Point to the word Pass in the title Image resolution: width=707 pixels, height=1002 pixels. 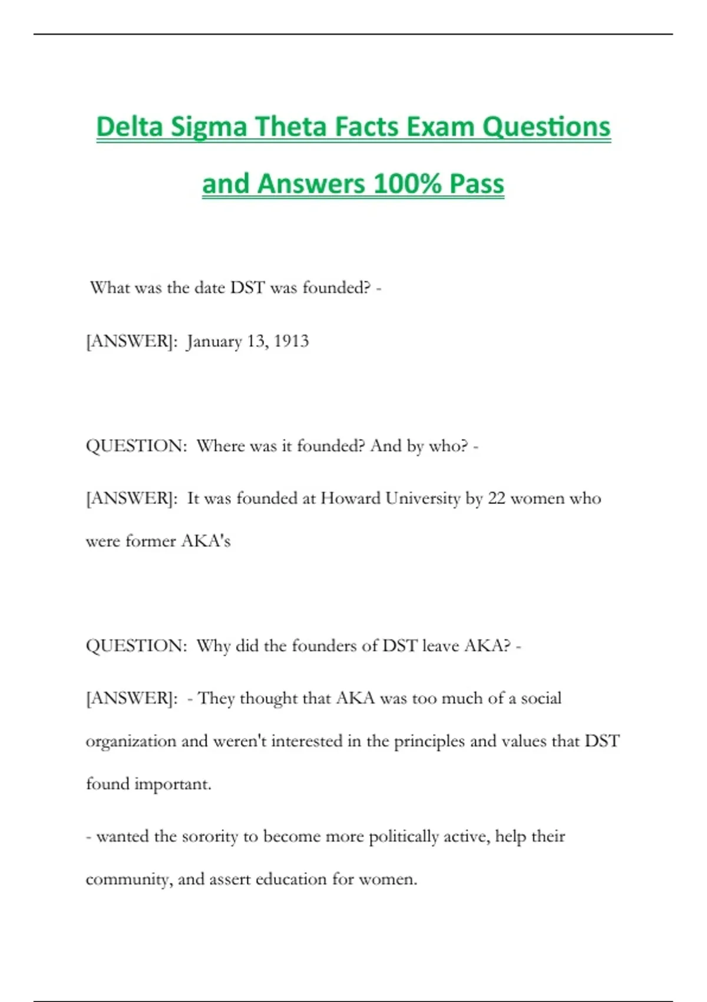coord(477,183)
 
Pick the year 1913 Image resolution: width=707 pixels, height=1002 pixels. coord(291,341)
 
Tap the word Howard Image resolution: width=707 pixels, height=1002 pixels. coord(350,499)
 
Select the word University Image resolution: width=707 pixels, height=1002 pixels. coord(422,499)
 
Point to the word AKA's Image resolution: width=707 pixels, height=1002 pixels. coord(206,541)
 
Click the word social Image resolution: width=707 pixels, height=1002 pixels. coord(541,698)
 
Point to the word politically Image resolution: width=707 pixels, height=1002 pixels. coord(404,837)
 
